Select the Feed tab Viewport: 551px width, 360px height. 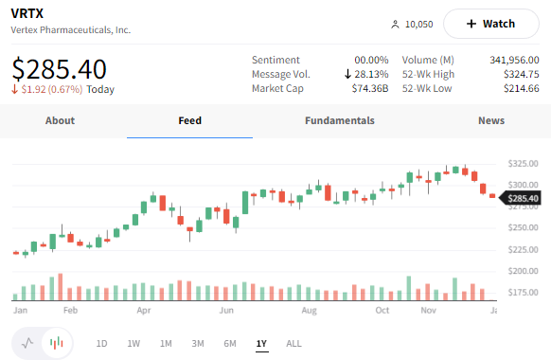[x=189, y=121]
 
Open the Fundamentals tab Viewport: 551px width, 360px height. [x=340, y=121]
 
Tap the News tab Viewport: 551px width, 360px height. [x=491, y=121]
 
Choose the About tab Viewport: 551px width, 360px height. [x=60, y=121]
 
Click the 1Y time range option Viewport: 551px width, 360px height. [x=261, y=343]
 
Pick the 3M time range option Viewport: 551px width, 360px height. [x=198, y=343]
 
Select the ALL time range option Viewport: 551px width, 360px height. [x=293, y=343]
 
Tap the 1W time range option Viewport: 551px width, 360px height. [x=133, y=343]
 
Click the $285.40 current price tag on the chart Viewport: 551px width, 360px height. [x=523, y=199]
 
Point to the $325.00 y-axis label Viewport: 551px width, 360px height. [x=524, y=163]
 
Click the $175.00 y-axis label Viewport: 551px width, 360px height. [x=524, y=293]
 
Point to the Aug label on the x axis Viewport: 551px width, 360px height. [x=308, y=310]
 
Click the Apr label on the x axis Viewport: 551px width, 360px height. [x=144, y=310]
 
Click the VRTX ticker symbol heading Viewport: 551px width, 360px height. [x=27, y=13]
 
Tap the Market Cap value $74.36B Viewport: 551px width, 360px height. [x=370, y=89]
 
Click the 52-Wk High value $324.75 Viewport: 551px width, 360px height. [x=521, y=75]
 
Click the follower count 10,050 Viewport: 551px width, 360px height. [x=418, y=25]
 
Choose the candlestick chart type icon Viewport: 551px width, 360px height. [x=57, y=343]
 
